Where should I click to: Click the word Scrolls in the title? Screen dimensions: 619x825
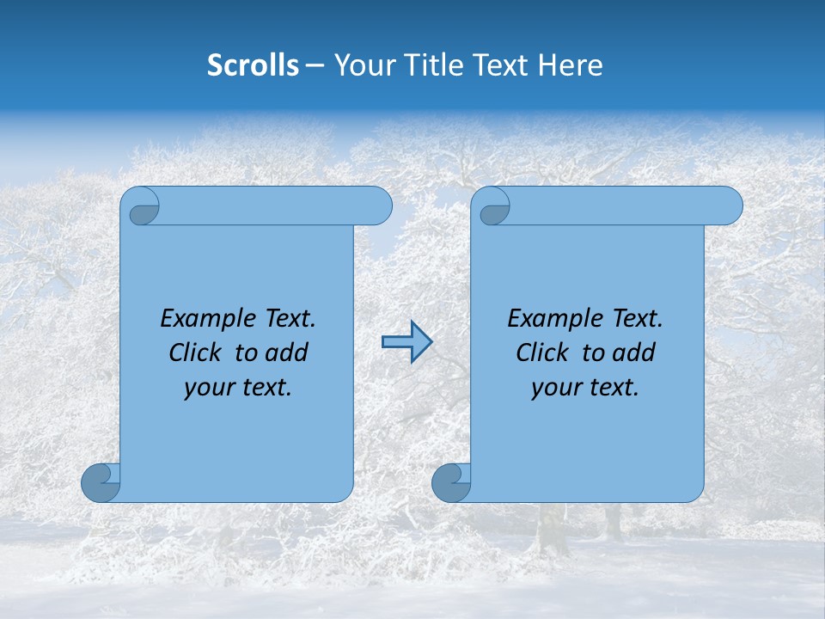(253, 65)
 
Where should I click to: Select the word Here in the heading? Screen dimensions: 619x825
(571, 65)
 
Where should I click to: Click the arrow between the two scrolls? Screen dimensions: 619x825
(406, 342)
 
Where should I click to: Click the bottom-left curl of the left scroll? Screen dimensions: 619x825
(100, 483)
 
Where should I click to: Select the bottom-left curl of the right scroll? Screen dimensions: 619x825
(450, 483)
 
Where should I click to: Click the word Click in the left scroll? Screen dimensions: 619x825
(195, 352)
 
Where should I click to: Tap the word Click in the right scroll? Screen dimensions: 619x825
(542, 352)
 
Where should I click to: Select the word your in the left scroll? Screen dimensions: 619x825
(208, 389)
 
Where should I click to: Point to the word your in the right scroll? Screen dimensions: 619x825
(555, 389)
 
